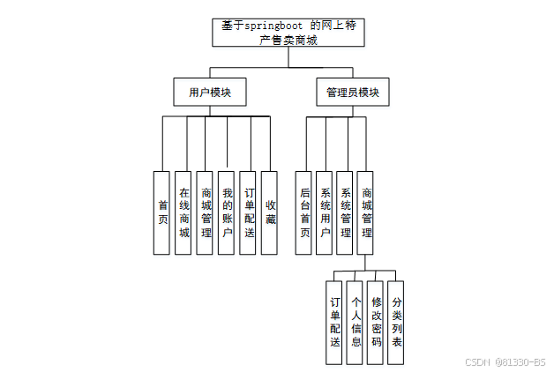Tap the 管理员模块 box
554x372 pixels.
[351, 92]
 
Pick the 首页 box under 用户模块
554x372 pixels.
[162, 212]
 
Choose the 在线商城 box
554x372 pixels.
[183, 212]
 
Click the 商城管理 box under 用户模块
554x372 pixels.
[206, 212]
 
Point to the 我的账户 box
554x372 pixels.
[228, 212]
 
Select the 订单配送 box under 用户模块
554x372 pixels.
[249, 212]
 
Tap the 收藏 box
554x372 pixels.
[270, 212]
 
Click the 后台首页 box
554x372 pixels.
[304, 212]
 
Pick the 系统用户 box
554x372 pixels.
[326, 212]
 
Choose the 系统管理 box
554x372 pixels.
[347, 212]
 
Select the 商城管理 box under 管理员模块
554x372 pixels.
[367, 212]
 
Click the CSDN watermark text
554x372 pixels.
[505, 362]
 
